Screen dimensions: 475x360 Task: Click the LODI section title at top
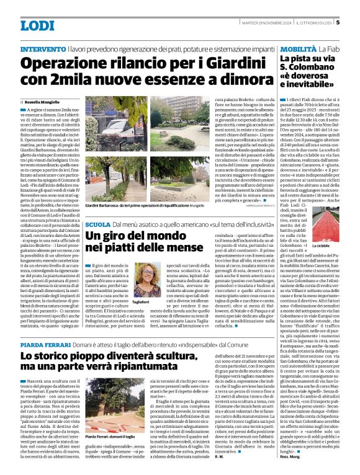point(37,25)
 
